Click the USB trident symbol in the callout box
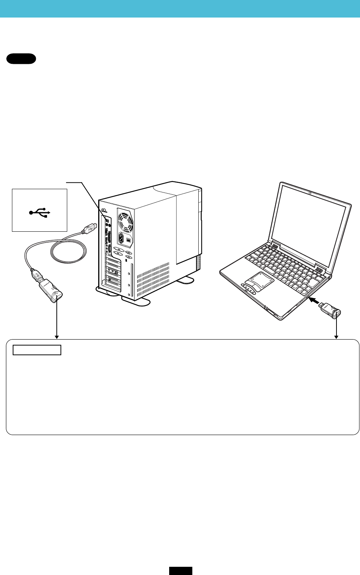(40, 213)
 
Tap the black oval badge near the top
(21, 59)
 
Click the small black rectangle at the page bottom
(180, 571)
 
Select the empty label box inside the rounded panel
(37, 350)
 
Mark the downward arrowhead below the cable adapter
(57, 337)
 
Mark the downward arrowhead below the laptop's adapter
(336, 337)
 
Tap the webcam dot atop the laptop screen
(311, 193)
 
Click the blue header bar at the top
(180, 9)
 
